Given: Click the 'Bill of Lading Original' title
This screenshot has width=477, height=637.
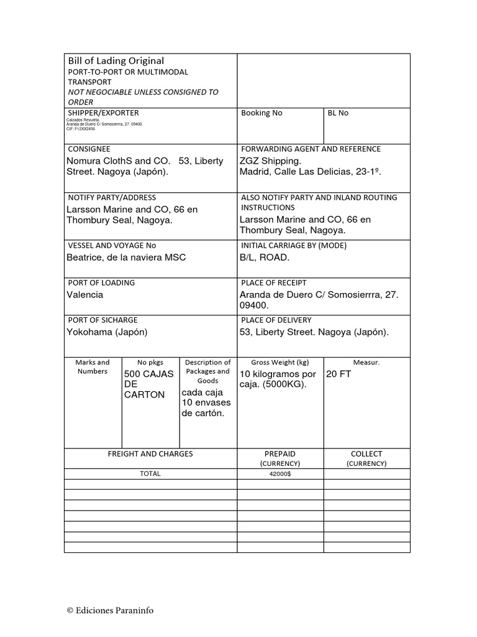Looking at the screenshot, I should (116, 61).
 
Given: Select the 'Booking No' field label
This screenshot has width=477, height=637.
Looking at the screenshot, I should (261, 113).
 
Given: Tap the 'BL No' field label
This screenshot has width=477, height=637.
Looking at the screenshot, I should (338, 113).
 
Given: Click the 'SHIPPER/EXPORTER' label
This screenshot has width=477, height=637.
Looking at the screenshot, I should (103, 113).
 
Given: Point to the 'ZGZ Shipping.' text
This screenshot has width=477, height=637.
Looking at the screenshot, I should (270, 161).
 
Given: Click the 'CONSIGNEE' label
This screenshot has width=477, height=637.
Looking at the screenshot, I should (89, 149).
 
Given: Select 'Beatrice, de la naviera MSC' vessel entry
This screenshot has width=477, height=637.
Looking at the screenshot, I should (126, 258).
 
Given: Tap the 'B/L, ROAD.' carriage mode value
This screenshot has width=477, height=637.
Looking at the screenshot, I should (265, 258).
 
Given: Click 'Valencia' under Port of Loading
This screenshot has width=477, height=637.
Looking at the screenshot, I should (85, 295).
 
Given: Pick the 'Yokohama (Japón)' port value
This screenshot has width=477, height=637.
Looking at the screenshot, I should (107, 332).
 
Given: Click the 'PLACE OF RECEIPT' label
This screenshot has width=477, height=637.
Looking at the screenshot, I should (273, 283).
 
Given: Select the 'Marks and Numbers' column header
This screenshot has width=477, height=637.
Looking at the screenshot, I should (93, 366).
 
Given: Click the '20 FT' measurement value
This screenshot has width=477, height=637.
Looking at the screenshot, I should (338, 374).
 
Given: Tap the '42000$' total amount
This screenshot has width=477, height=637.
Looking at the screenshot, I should (280, 474).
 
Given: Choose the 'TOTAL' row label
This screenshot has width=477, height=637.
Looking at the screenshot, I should (150, 474).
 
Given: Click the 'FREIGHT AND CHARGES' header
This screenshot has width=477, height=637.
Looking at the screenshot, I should (150, 454).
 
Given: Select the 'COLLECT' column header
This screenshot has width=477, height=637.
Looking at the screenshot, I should (366, 454).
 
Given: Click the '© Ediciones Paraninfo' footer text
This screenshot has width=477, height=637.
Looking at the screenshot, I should (110, 610).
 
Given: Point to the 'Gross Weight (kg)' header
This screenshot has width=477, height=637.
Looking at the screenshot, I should (279, 362).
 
